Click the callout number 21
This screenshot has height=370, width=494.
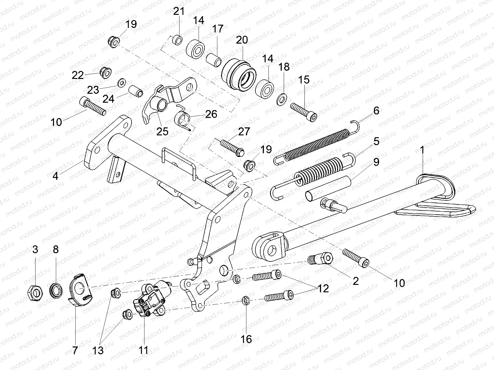pos(179,11)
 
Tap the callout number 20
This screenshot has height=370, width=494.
pos(242,40)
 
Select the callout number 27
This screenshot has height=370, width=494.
pos(244,132)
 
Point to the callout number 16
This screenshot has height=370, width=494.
pos(246,339)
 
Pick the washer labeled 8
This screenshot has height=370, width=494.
pos(56,291)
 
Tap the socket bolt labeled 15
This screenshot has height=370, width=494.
pos(304,112)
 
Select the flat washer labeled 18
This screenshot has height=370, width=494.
pos(281,100)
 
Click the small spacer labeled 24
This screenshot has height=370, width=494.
pos(136,91)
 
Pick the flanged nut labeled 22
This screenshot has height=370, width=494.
pos(106,72)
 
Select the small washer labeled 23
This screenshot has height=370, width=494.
pos(122,83)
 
